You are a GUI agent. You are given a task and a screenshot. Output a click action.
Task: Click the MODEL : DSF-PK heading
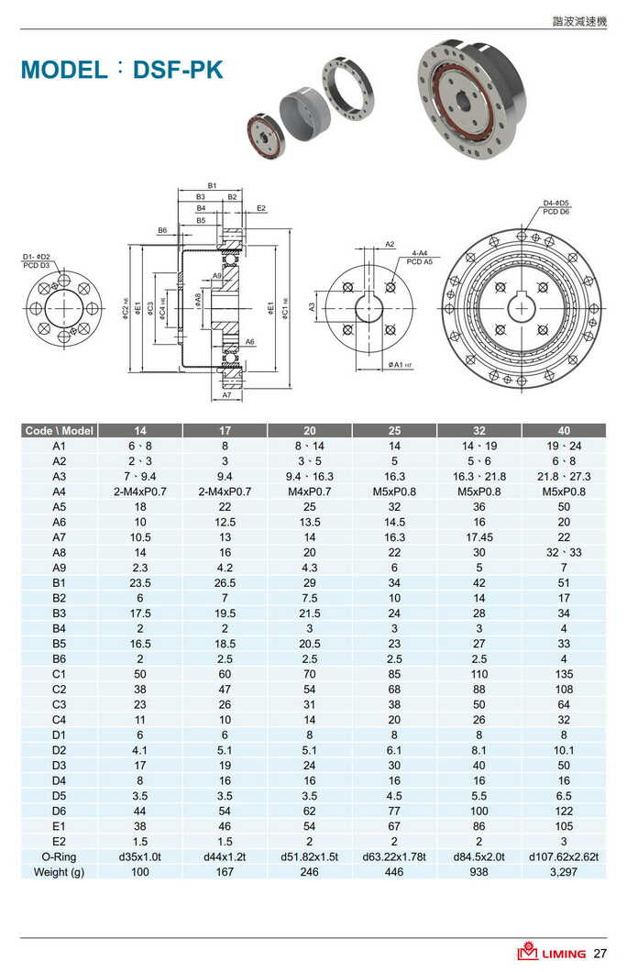(x=122, y=70)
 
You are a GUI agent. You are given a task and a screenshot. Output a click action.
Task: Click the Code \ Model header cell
(x=60, y=430)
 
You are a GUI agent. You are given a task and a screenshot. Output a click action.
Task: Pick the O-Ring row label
(x=60, y=856)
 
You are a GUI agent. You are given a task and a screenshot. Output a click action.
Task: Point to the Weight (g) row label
(x=60, y=871)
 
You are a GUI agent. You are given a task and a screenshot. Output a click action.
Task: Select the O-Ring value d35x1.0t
(x=139, y=856)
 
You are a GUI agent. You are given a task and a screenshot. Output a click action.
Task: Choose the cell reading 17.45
(x=479, y=537)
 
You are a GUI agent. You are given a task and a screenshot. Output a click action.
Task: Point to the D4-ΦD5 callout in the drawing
(x=555, y=203)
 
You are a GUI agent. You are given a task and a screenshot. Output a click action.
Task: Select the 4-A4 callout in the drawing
(x=421, y=252)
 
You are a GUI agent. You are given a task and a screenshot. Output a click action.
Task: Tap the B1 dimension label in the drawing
(x=212, y=186)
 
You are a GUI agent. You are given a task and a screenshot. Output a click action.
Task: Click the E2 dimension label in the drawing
(x=261, y=209)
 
